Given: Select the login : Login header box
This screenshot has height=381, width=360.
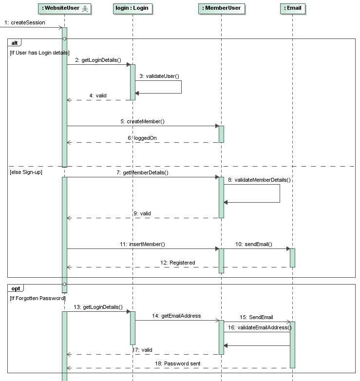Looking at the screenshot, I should coord(132,8).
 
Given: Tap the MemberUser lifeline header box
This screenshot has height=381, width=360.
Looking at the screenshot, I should coord(221,8).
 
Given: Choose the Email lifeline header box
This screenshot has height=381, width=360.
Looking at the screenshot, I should coord(293,8).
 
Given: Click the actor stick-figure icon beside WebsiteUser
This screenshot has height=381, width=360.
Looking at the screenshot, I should coord(85,8).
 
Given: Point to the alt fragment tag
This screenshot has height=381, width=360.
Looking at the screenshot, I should coord(15,43).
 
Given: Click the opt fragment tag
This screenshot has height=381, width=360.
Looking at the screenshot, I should coord(16,288).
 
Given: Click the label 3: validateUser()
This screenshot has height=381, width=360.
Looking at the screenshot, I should coord(159,76).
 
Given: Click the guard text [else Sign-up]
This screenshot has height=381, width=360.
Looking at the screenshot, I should coord(25,172).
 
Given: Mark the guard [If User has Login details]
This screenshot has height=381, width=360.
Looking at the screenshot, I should coord(39,53).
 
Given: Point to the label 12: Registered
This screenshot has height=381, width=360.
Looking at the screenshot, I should coord(177,263).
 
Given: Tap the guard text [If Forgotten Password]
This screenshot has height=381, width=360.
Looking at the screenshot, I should coord(37,298).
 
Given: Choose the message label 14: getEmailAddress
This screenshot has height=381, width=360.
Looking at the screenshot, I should coord(176,316).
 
